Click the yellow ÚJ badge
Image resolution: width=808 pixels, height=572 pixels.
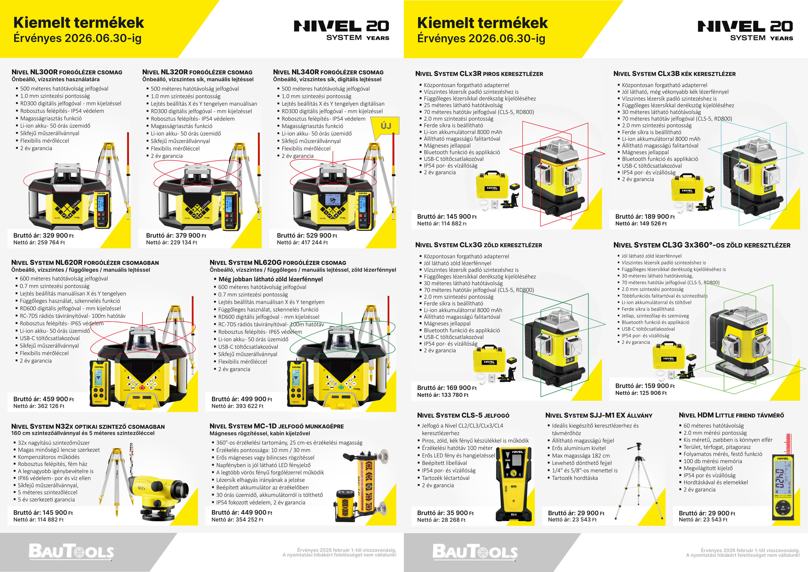point(386,126)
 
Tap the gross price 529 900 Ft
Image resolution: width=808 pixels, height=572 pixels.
point(307,235)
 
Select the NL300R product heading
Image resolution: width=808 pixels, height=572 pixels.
point(67,72)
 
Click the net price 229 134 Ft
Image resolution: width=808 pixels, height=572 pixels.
point(171,242)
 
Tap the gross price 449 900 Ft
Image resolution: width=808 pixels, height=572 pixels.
point(242,513)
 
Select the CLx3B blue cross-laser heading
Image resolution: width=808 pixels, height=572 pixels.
point(674,74)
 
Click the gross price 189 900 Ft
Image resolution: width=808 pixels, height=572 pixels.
point(645,217)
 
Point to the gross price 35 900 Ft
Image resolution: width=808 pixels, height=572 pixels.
point(445,513)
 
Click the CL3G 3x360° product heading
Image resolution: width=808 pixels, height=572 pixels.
point(702,245)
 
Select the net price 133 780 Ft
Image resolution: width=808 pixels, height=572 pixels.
point(443,395)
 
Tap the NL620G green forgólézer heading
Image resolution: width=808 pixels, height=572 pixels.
point(278,262)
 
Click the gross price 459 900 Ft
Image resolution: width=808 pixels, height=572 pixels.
point(44,399)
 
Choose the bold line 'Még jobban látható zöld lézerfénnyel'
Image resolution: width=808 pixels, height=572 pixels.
point(270,279)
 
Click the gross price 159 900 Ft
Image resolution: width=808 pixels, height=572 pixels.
point(645,386)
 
